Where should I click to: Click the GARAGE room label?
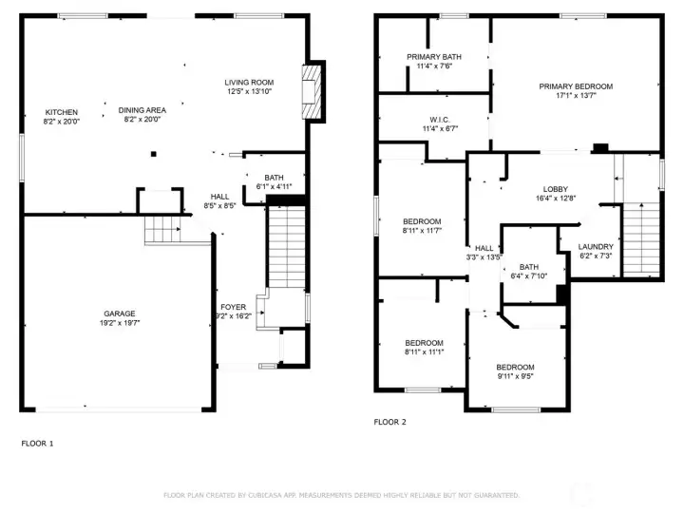120,313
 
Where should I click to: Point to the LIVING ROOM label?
249,83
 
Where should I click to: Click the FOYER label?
234,307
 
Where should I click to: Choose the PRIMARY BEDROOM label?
576,86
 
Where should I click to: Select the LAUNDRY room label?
597,246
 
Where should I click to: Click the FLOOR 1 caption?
38,443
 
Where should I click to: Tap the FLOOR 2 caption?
389,422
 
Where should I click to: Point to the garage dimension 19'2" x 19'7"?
120,323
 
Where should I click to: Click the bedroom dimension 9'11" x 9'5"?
515,376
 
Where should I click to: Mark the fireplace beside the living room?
312,92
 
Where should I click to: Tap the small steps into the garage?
162,230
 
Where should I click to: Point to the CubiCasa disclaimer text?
341,495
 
